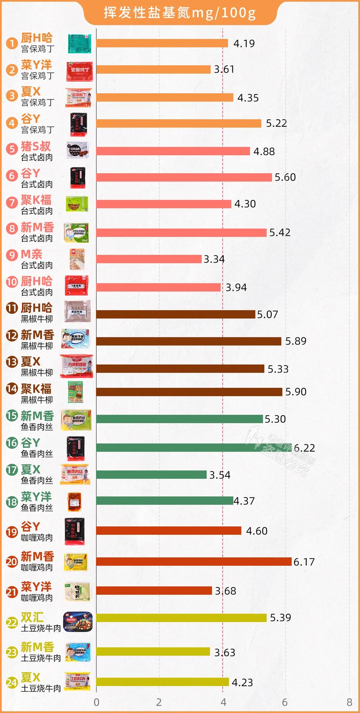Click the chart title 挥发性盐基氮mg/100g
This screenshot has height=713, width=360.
pos(180,13)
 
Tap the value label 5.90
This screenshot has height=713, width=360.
pos(296,392)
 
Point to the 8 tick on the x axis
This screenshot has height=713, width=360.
pos(349,702)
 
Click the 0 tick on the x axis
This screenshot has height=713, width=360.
pos(96,702)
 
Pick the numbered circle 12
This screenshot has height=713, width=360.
pos(12,335)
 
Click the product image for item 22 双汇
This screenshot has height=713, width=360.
pos(78,622)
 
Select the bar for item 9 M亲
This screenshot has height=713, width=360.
pos(149,259)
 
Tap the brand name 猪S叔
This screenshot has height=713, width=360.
pos(36,146)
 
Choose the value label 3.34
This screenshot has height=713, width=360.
pos(214,259)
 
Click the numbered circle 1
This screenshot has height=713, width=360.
pos(12,43)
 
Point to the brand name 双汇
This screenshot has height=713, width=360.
pos(32,617)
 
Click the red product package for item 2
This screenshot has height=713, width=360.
pos(79,71)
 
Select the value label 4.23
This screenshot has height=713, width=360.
pos(242,683)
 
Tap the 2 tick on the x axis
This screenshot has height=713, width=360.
pos(159,702)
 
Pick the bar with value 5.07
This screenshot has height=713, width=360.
pos(176,314)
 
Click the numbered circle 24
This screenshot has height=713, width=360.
pos(12,683)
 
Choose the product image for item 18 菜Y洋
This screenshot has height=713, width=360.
pos(74,502)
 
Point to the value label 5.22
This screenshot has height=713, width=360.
pos(276,124)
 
